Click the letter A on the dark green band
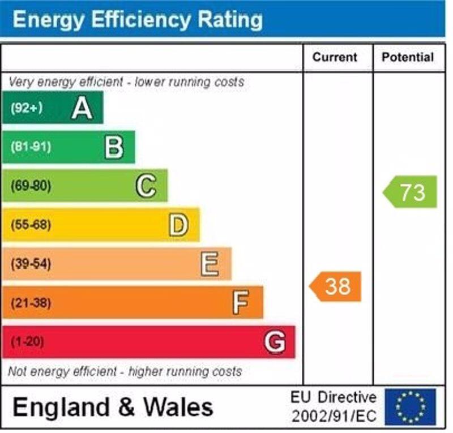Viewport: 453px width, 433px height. tap(82, 108)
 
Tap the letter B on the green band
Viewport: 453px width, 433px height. tap(114, 147)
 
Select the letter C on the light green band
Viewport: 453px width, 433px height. tap(146, 186)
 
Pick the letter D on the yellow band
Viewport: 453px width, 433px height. tap(178, 225)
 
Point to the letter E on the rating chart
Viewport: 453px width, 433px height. tap(210, 264)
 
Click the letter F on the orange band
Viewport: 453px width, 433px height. tap(241, 303)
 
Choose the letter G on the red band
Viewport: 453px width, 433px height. tap(275, 342)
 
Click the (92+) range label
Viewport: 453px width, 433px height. tap(27, 108)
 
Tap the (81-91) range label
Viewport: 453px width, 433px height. tap(31, 147)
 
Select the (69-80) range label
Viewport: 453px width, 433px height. tap(31, 186)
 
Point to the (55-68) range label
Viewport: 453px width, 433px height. tap(31, 225)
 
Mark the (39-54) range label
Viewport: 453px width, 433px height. tap(31, 264)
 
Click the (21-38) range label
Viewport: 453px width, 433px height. tap(31, 303)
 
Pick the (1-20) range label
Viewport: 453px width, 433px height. tap(27, 342)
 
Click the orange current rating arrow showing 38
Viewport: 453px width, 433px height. tap(336, 286)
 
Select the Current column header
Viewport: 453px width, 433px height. tap(335, 57)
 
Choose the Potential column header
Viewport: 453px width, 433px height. tap(408, 57)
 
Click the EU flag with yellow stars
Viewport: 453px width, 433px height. tap(411, 406)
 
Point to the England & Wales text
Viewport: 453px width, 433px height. tap(113, 407)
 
